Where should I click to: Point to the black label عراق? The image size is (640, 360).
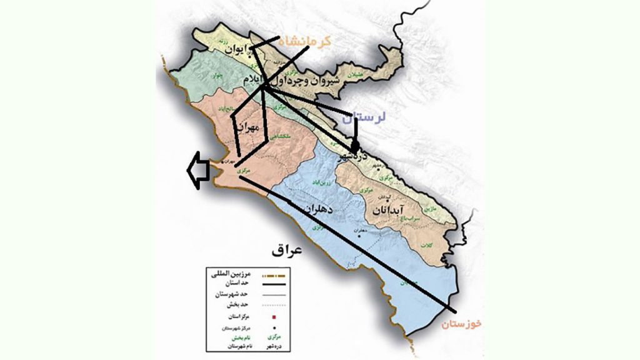[x=287, y=251]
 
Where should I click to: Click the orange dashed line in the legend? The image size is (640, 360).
[x=275, y=276]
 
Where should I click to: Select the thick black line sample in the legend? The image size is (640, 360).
[x=275, y=286]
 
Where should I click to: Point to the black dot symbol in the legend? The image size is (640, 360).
[x=274, y=327]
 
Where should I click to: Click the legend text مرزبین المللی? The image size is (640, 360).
[x=227, y=275]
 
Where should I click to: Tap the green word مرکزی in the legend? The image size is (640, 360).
[x=274, y=337]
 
